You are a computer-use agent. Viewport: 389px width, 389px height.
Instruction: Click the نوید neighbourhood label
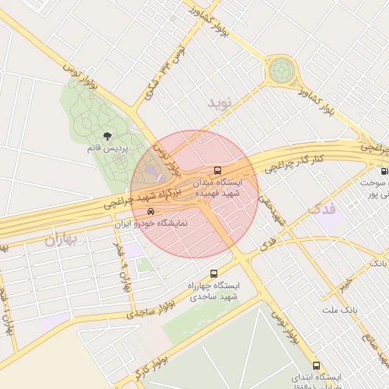(x=224, y=101)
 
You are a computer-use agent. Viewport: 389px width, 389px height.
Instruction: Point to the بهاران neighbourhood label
(x=62, y=241)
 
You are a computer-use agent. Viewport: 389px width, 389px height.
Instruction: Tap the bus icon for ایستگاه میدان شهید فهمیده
(x=218, y=170)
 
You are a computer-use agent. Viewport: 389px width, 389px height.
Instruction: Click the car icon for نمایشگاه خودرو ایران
(x=150, y=212)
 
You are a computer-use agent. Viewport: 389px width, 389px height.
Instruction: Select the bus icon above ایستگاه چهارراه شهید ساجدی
(x=213, y=272)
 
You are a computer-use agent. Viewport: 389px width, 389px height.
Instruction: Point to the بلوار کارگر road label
(x=130, y=371)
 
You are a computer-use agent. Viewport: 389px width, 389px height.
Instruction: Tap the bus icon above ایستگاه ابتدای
(x=316, y=365)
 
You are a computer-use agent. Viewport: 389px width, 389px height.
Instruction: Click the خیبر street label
(x=346, y=283)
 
